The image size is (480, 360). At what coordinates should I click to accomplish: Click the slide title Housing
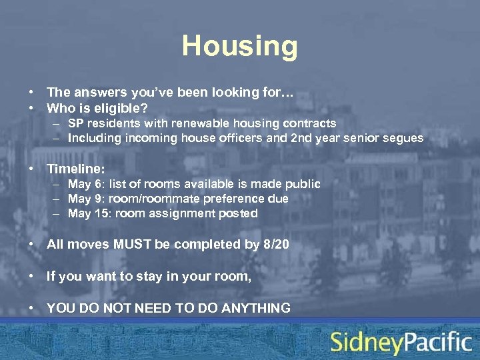(240, 47)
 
